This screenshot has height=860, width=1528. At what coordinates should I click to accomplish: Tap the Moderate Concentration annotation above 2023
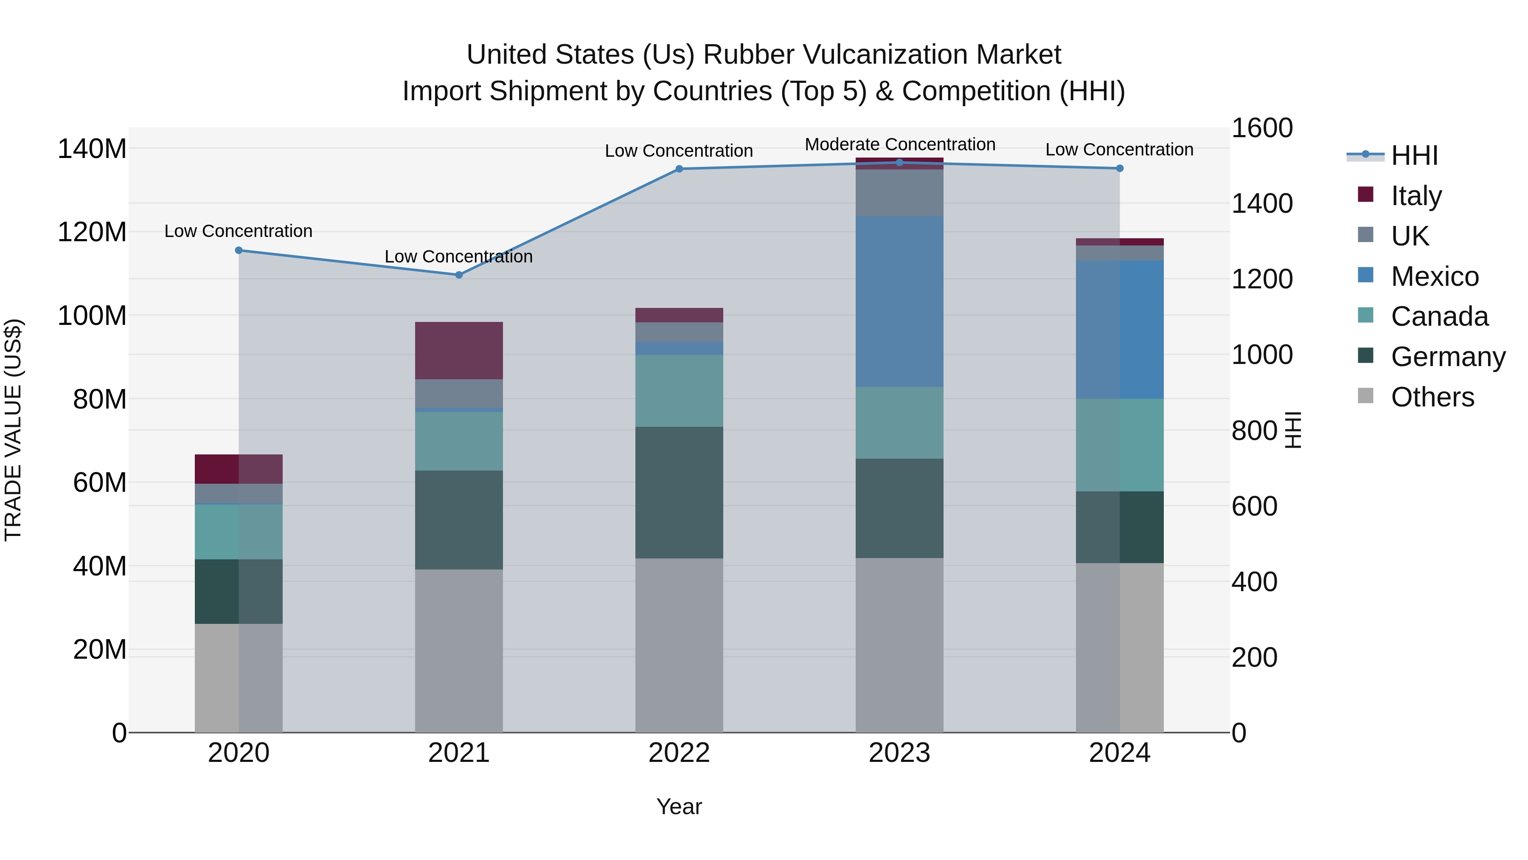click(899, 144)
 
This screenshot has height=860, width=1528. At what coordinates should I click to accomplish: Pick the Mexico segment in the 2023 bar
click(899, 302)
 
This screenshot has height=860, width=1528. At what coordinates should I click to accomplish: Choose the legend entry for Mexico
click(1434, 276)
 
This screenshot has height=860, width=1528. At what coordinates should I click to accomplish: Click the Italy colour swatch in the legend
click(1365, 195)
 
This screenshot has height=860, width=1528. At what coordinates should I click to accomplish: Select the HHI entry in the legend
click(1414, 155)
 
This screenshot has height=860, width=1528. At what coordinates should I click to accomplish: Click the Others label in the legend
click(1432, 397)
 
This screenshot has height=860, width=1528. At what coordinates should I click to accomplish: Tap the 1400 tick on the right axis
click(1262, 203)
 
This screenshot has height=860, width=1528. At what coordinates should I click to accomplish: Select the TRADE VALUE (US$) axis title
click(14, 430)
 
